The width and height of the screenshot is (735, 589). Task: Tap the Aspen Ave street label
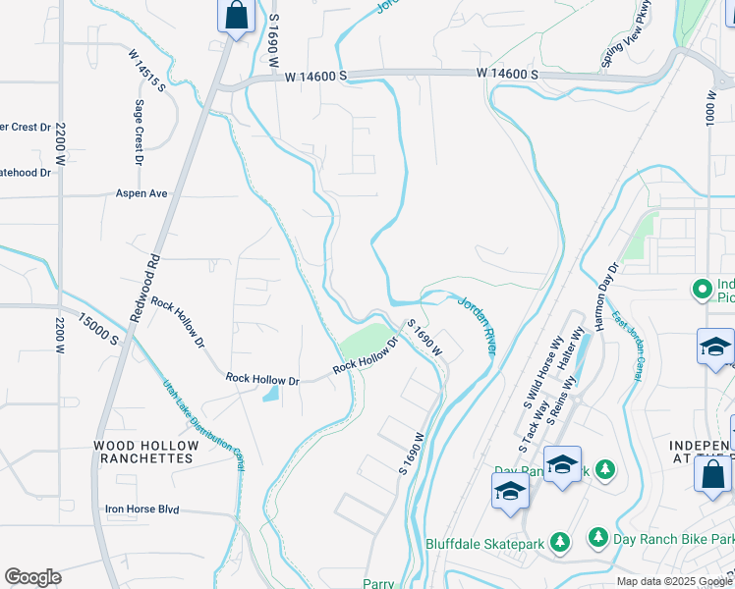pyautogui.click(x=141, y=193)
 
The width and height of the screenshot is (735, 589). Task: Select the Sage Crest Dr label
pyautogui.click(x=140, y=132)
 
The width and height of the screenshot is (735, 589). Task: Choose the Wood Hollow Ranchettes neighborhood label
pyautogui.click(x=145, y=452)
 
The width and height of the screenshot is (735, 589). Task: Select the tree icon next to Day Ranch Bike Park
pyautogui.click(x=597, y=537)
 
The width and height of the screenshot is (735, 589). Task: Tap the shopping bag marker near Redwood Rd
pyautogui.click(x=236, y=17)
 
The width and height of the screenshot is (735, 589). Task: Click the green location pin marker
pyautogui.click(x=702, y=290)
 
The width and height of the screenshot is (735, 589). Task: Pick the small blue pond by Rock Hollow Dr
pyautogui.click(x=270, y=395)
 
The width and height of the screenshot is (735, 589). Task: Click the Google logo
pyautogui.click(x=32, y=577)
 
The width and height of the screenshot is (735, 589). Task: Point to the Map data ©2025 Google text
pyautogui.click(x=673, y=581)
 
